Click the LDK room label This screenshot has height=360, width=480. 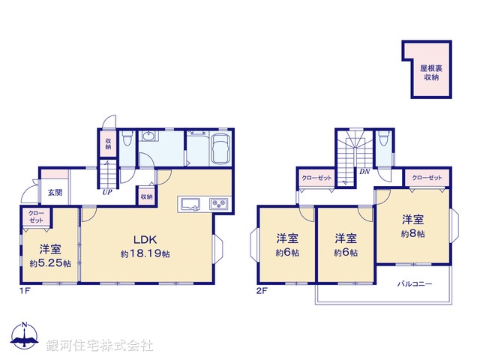coord(145,240)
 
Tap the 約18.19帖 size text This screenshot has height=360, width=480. coord(145,254)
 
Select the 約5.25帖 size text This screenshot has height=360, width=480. coord(50,263)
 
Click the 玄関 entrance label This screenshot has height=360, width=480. coord(55,192)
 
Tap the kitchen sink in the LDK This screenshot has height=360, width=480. coord(187,203)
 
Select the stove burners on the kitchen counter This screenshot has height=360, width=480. coord(218,203)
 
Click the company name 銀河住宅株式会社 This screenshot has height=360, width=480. coord(100,346)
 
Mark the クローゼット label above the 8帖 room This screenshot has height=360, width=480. coord(426,178)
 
